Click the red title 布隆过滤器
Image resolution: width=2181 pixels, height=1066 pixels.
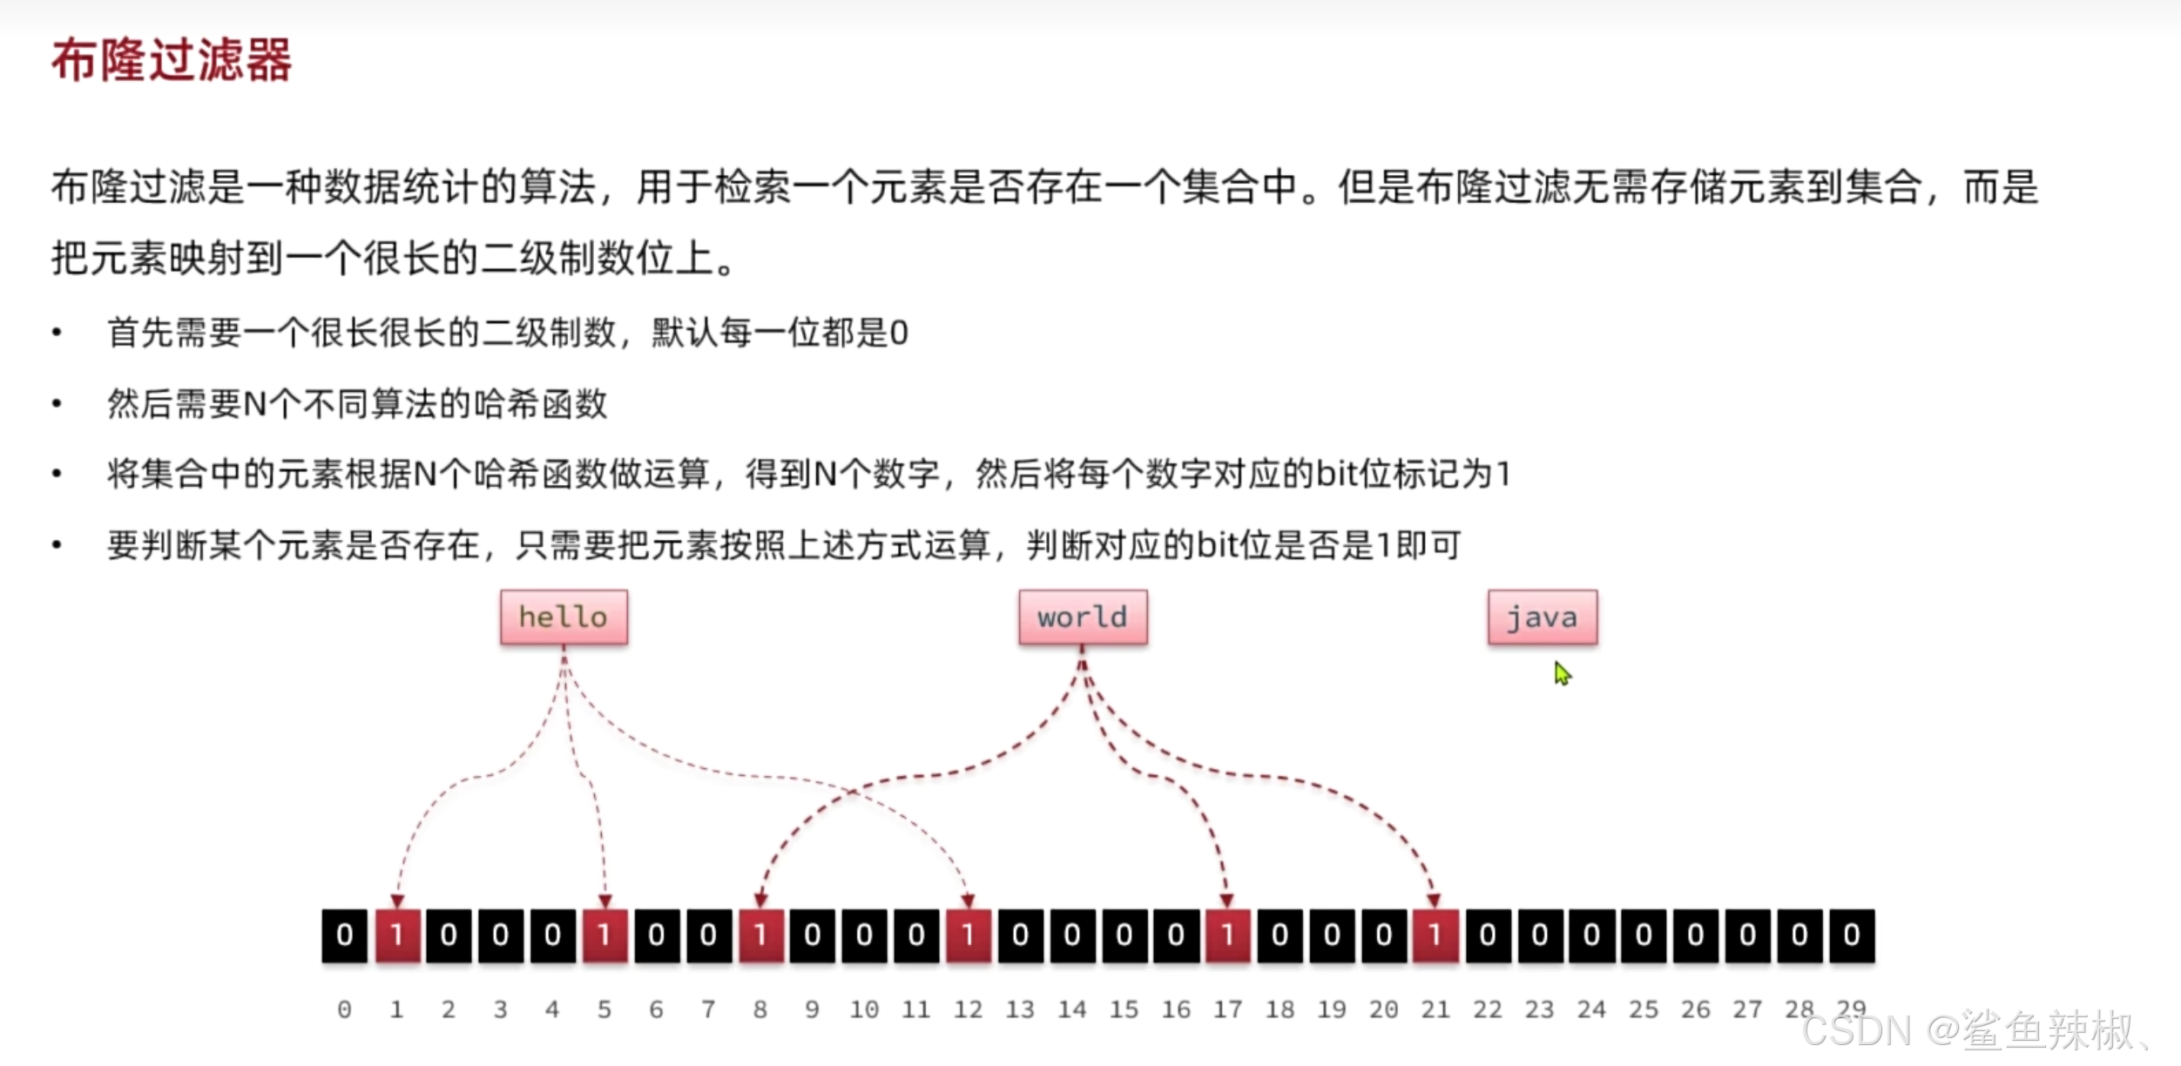172,61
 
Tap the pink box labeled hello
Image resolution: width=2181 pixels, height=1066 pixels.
564,617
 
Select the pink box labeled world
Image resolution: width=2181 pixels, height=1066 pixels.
1083,617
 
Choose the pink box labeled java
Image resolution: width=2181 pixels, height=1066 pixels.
1542,617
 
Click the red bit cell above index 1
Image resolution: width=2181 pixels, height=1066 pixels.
397,935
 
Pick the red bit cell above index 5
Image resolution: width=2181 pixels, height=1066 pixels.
604,935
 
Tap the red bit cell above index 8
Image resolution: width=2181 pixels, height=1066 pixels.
760,935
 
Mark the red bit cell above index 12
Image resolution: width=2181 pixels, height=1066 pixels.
968,935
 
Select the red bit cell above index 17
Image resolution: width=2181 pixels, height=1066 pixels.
1227,935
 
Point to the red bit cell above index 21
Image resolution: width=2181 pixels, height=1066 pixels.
1435,935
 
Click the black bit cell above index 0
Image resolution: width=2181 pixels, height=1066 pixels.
345,935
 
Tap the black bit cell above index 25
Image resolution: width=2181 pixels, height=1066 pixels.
1643,935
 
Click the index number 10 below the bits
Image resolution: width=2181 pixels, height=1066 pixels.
864,1009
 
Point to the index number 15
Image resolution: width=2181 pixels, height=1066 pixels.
1124,1009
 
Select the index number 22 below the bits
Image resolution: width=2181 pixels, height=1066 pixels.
1487,1009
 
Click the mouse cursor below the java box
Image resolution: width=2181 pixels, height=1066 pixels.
1562,673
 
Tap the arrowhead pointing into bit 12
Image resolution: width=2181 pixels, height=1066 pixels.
968,900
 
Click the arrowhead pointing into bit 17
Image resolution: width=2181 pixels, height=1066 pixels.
1226,900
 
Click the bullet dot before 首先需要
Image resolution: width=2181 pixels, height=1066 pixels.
57,333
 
